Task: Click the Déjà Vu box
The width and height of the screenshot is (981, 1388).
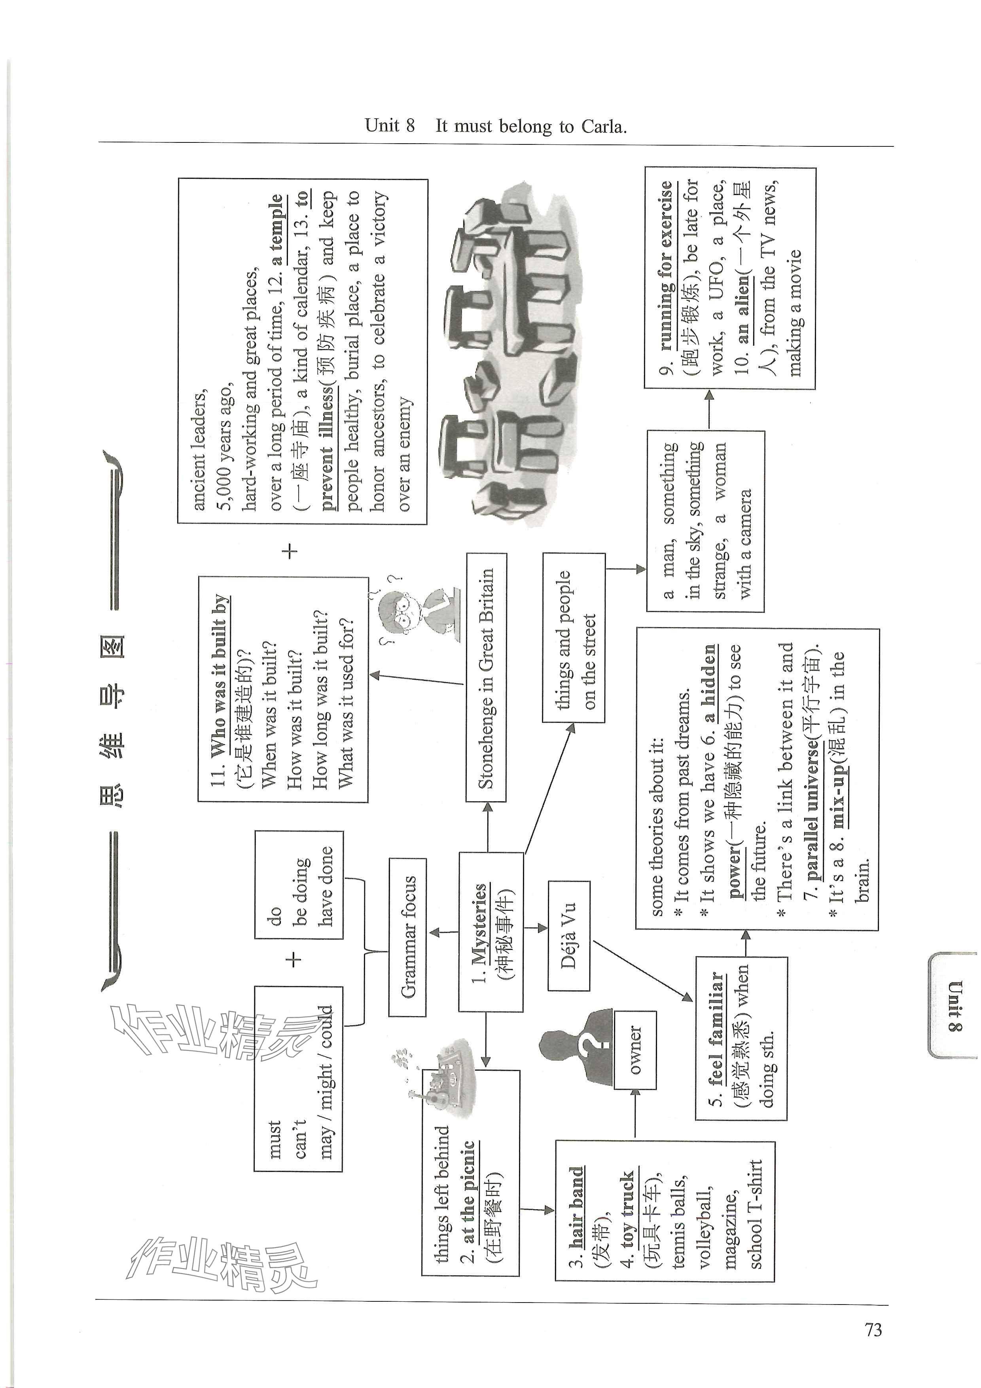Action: [x=568, y=935]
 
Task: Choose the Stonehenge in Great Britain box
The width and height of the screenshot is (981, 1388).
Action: [x=486, y=677]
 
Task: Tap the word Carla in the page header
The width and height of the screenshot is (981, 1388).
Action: [x=602, y=126]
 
